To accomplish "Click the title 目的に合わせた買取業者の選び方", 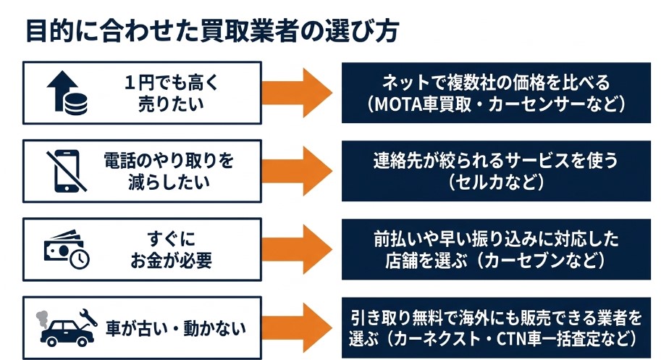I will pyautogui.click(x=211, y=32).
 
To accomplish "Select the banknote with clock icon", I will pyautogui.click(x=66, y=249).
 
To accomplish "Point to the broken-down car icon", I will pyautogui.click(x=66, y=327).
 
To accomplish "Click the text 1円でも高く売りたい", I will pyautogui.click(x=172, y=93).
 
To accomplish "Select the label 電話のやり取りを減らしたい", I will pyautogui.click(x=172, y=170).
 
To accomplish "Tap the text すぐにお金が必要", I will pyautogui.click(x=172, y=248).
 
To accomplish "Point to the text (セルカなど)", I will pyautogui.click(x=496, y=181).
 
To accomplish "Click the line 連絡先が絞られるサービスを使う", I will pyautogui.click(x=496, y=160).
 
